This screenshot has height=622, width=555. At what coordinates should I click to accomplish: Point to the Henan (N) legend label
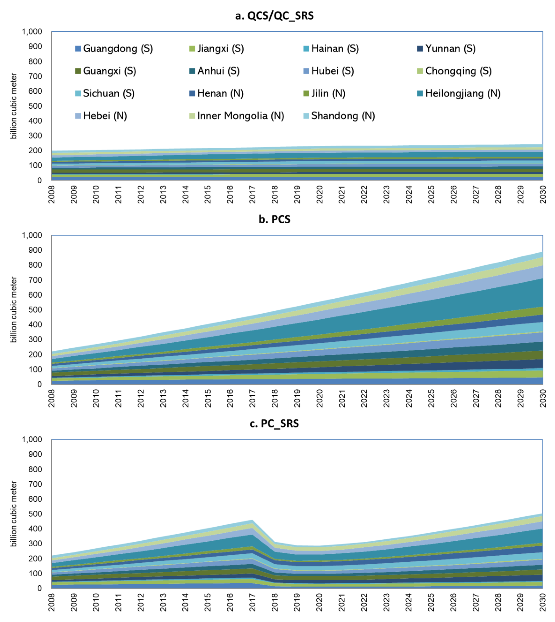point(220,93)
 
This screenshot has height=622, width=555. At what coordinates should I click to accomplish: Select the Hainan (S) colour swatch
point(306,49)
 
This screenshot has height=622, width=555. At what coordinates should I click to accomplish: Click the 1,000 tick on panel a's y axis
point(32,32)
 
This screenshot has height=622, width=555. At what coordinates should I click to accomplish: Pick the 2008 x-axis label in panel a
point(51,194)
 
